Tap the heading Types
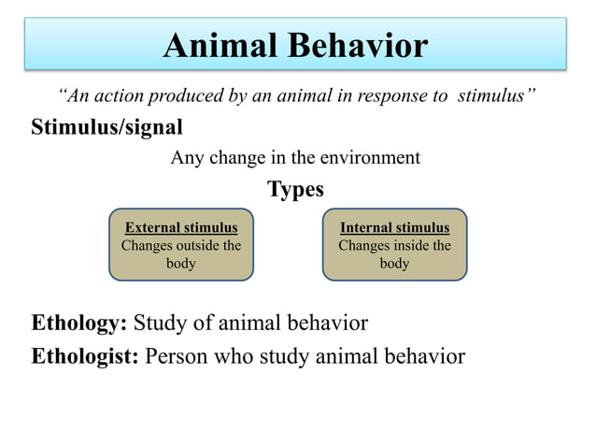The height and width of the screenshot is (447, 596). point(296,190)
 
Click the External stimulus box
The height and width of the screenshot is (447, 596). point(181,245)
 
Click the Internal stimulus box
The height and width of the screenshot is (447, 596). point(394,245)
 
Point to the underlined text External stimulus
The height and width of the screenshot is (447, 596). point(181,227)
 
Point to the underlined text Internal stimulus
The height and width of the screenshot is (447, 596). point(394,227)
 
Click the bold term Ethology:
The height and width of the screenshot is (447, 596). point(79,324)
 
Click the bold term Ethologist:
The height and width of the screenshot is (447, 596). point(85,356)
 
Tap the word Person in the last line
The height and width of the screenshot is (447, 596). point(177,356)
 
